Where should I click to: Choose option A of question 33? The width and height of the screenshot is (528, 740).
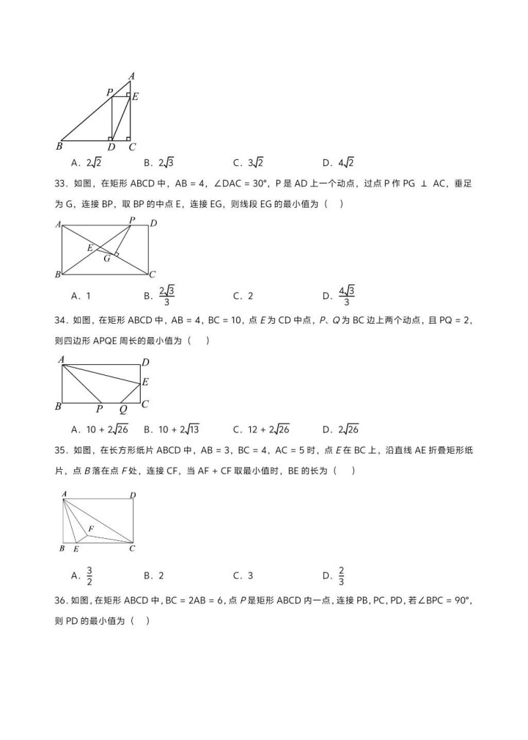[81, 296]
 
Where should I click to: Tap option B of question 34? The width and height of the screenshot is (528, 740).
[172, 429]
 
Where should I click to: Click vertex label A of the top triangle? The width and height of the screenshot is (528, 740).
[131, 76]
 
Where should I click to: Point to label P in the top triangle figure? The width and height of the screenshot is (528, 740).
[109, 92]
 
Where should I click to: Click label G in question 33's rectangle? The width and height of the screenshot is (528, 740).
[107, 258]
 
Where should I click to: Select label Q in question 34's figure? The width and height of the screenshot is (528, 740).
[122, 410]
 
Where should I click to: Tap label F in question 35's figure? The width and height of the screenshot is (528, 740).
[91, 528]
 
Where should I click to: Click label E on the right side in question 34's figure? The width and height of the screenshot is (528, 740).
[145, 382]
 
